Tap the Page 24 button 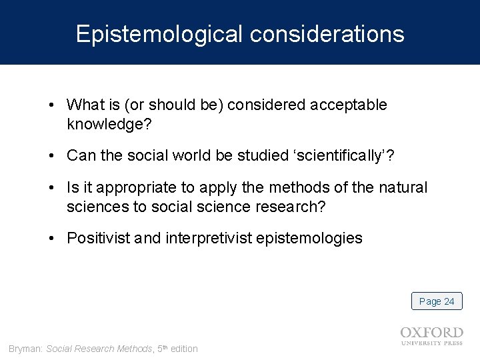[x=437, y=301]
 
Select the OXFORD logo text [x=432, y=333]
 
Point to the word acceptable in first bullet [x=353, y=106]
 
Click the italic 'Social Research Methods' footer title [x=99, y=349]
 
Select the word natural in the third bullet [x=405, y=189]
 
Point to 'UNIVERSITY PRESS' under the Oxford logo [x=432, y=344]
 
